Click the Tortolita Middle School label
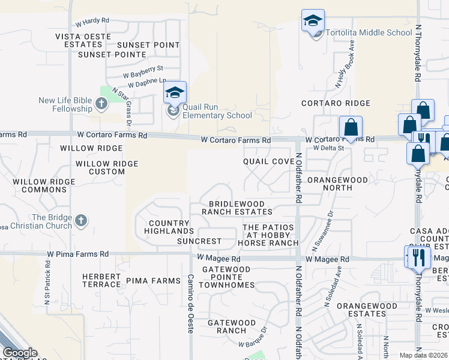(x=369, y=33)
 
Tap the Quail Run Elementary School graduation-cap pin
(x=175, y=93)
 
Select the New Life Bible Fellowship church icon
(x=101, y=104)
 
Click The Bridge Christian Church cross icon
(x=81, y=221)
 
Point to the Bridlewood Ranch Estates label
(x=237, y=208)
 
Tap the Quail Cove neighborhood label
(x=268, y=162)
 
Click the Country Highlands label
(x=171, y=227)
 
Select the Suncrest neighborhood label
(x=199, y=242)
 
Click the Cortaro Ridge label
(x=332, y=103)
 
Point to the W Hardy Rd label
(x=92, y=21)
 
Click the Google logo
(x=20, y=353)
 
